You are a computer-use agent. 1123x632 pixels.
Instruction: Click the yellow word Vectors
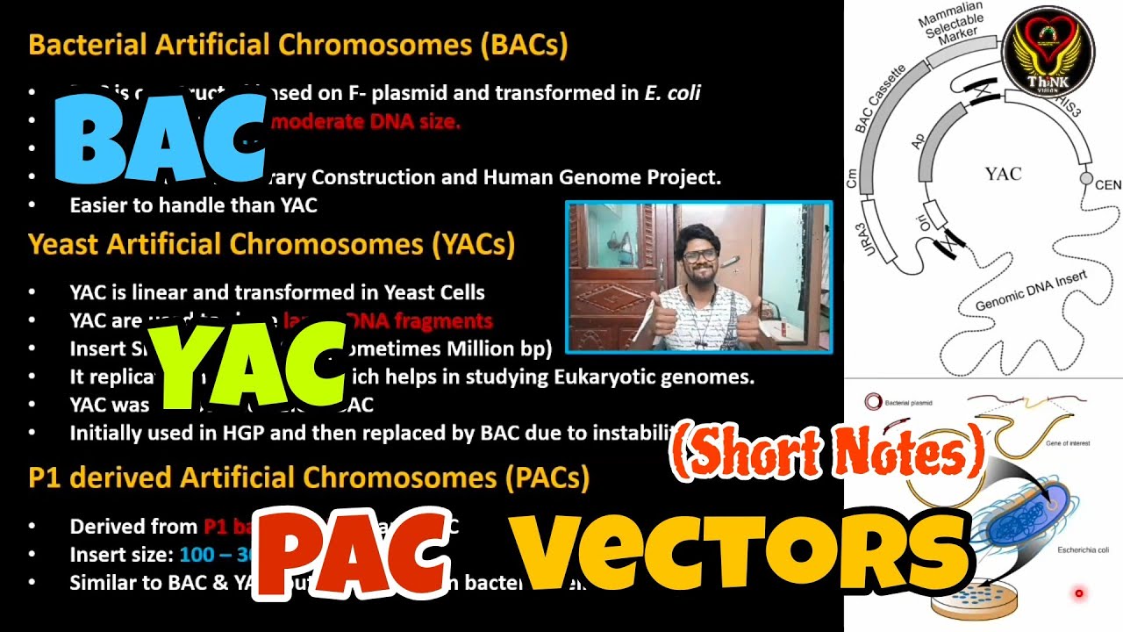741,549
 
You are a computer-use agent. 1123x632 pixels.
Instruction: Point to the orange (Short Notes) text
827,453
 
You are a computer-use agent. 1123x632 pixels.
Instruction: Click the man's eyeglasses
699,256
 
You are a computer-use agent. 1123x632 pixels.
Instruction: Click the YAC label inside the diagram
1002,174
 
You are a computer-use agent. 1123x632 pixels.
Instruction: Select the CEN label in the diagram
1107,185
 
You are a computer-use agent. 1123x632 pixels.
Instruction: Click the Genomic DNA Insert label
1031,293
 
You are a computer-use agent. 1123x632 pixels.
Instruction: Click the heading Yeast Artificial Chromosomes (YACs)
271,244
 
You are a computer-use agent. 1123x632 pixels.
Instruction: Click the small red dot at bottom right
1079,594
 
